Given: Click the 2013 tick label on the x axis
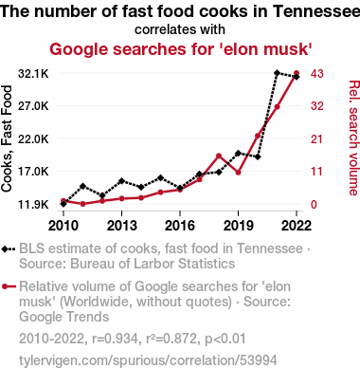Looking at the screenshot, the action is [122, 226].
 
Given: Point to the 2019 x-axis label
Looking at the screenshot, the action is [238, 226].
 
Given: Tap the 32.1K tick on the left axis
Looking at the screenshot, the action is [33, 74].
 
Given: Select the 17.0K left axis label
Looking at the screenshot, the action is [33, 172].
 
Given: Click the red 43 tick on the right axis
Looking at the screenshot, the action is [317, 74].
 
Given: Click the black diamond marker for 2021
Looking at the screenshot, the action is [277, 73].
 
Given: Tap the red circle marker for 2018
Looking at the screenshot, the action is [219, 156].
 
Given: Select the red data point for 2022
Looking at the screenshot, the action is [297, 73].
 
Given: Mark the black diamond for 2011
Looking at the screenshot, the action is [83, 186].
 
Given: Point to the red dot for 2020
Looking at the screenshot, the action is [258, 136].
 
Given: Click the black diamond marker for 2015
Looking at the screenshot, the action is [160, 177].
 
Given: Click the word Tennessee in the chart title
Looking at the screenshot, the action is [316, 11].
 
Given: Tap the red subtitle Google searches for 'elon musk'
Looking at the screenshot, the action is [181, 49].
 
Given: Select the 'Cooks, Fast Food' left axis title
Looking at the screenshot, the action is [7, 138].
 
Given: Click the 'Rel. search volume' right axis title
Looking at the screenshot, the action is [353, 138].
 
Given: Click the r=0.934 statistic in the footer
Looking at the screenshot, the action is [115, 339].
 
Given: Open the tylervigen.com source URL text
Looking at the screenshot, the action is [148, 360].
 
